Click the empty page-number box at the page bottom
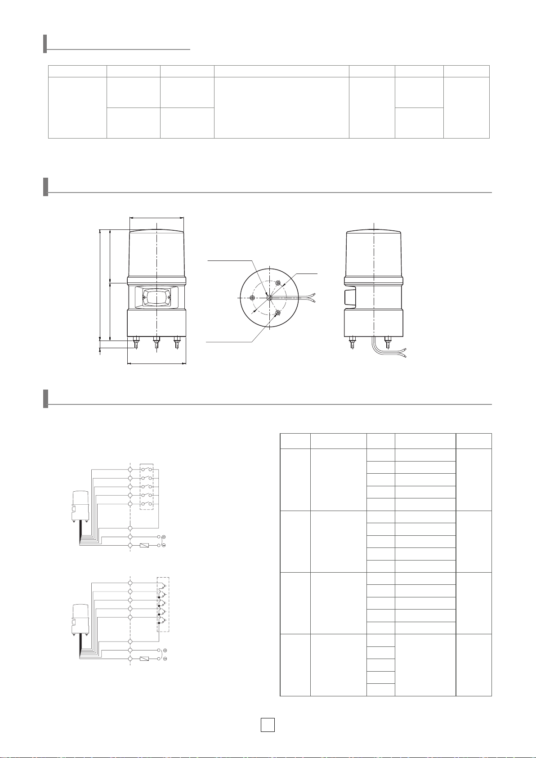[268, 725]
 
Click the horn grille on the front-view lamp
[156, 298]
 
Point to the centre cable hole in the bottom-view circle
[268, 297]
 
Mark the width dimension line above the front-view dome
[156, 217]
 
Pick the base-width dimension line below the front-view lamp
[156, 363]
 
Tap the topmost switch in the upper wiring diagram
[147, 470]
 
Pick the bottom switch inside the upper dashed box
[147, 504]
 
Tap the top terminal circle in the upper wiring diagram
[130, 470]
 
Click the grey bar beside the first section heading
[45, 44]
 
